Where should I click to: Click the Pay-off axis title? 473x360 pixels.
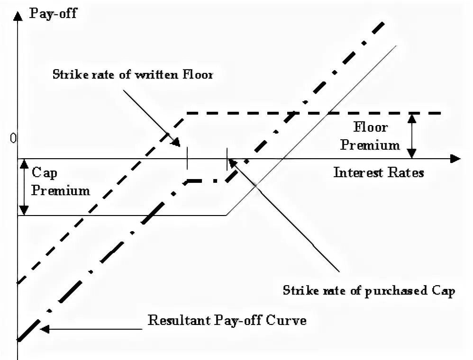tap(53, 12)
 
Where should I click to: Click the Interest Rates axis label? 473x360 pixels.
tap(378, 172)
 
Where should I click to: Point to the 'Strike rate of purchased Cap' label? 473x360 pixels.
tap(369, 290)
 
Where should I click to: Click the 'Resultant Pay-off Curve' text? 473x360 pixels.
tap(227, 320)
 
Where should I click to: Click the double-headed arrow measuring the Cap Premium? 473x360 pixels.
tap(24, 187)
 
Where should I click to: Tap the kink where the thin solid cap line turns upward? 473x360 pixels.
tap(227, 216)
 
